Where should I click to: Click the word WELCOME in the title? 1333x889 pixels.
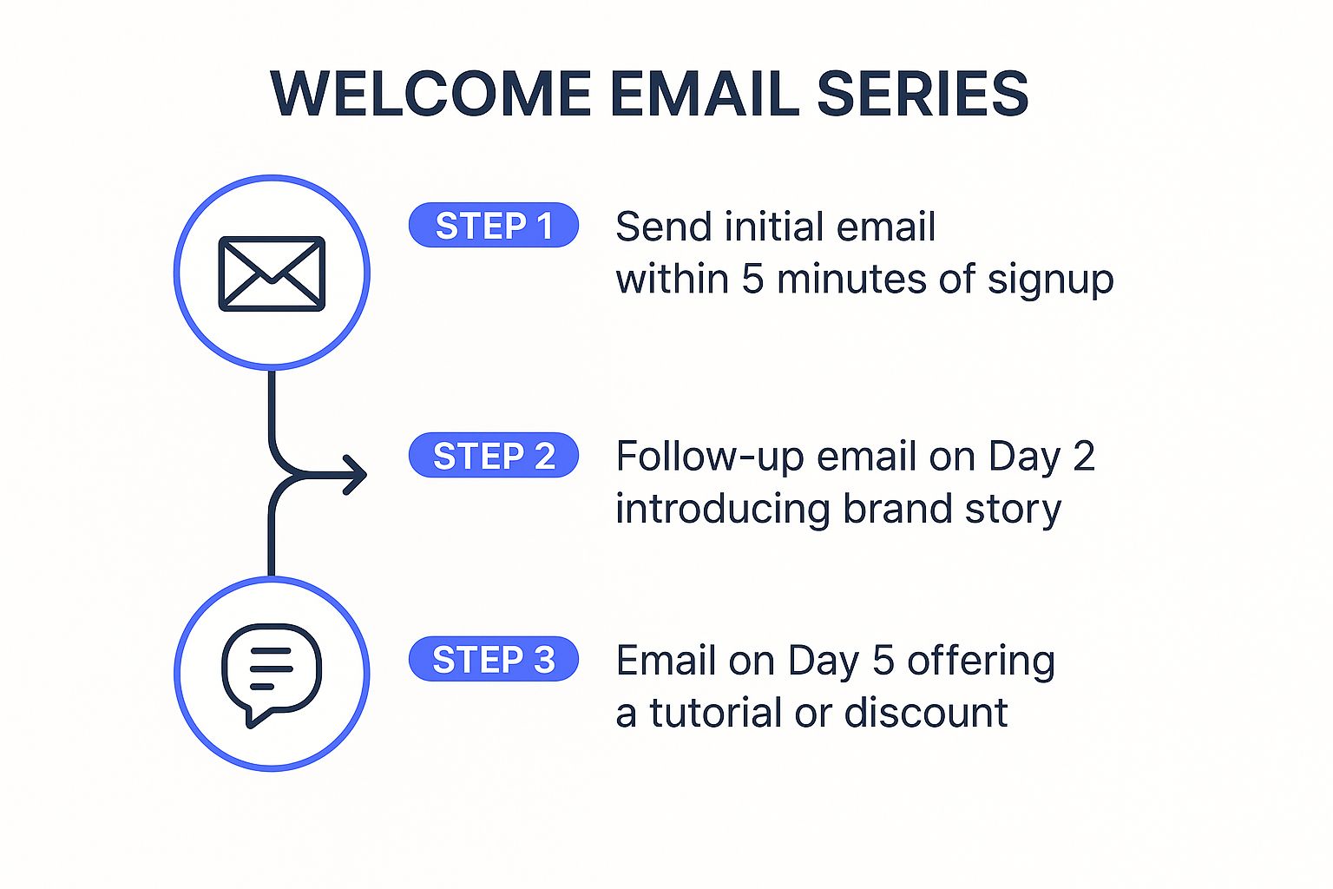[x=430, y=94]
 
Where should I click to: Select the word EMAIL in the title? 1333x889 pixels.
[x=705, y=94]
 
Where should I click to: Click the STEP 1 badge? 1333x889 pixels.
[x=494, y=226]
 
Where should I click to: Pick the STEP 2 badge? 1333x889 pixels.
[x=494, y=456]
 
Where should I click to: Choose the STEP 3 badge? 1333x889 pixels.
[x=494, y=660]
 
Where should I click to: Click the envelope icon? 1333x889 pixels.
[x=272, y=273]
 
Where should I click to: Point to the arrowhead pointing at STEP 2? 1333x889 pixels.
[x=357, y=475]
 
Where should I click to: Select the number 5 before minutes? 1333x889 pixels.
[x=752, y=280]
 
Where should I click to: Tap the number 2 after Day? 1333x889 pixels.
[x=1084, y=457]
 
